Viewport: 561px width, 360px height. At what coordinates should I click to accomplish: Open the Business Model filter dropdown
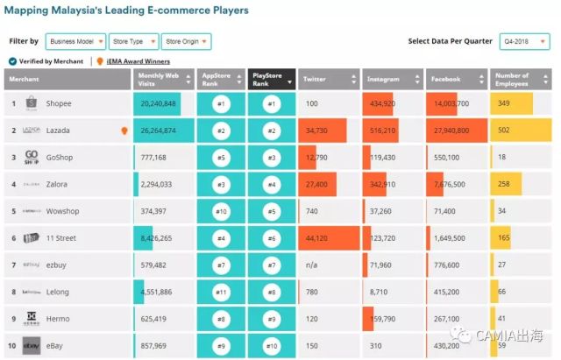(75, 42)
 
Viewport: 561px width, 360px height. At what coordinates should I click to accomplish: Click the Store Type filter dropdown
(132, 42)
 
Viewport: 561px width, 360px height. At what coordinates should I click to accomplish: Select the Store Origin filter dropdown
(186, 42)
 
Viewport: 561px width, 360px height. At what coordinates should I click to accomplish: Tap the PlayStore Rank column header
(271, 79)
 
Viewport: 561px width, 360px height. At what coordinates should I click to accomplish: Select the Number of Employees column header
(521, 79)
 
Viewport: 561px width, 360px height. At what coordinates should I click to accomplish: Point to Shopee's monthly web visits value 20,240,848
(158, 103)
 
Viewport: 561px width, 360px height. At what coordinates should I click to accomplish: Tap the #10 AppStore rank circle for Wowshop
(222, 211)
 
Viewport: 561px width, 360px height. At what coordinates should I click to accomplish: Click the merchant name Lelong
(59, 292)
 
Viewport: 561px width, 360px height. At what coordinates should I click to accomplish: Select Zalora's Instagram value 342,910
(382, 185)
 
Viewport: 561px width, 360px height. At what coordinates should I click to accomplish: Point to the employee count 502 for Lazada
(504, 131)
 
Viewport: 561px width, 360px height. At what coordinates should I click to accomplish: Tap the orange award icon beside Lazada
(125, 131)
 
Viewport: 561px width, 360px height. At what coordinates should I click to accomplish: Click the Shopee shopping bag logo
(31, 103)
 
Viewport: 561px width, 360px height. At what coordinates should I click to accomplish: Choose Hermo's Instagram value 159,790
(382, 319)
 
